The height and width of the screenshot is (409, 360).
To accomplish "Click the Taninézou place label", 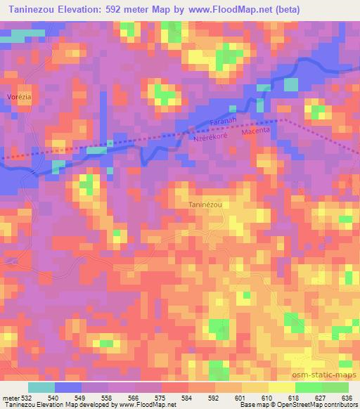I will [x=205, y=204].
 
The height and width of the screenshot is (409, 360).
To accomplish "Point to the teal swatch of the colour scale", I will [x=42, y=387].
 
